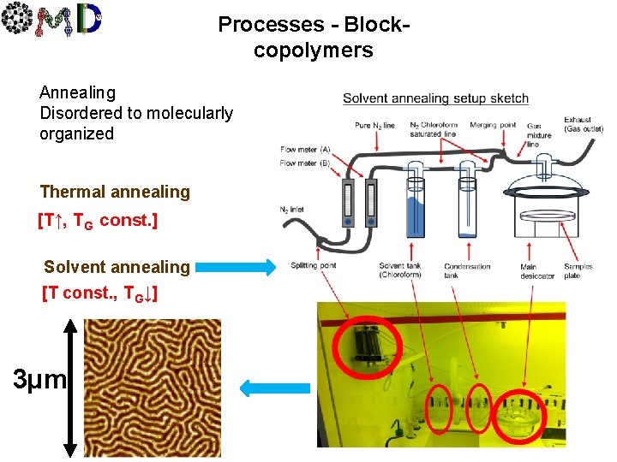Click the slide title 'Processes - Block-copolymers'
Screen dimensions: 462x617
(313, 37)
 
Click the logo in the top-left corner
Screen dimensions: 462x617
(53, 21)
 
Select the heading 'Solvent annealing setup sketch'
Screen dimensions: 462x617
(435, 98)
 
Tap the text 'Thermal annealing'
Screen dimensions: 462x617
(115, 192)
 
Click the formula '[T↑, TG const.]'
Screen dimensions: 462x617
(97, 221)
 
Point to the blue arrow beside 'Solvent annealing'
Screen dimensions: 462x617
(234, 267)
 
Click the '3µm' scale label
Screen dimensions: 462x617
(37, 377)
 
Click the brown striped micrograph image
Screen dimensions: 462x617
(153, 387)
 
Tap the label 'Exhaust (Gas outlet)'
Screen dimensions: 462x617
(583, 124)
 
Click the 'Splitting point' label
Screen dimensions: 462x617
(314, 265)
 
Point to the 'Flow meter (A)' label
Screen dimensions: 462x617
(305, 150)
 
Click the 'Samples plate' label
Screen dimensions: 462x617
(578, 270)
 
